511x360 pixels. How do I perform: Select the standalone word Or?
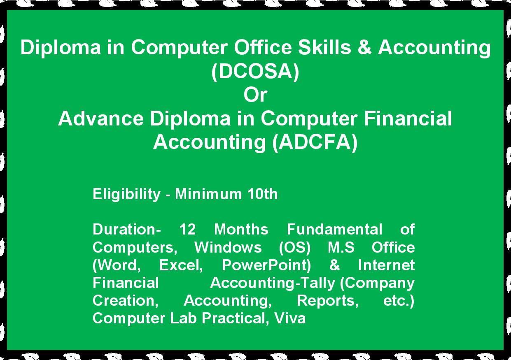tap(255, 95)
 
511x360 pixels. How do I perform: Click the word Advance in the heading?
tap(101, 118)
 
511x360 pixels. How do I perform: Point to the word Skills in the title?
tap(324, 47)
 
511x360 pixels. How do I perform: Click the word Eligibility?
tap(126, 195)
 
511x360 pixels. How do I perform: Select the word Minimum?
tap(208, 194)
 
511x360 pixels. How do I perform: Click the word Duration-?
tap(126, 229)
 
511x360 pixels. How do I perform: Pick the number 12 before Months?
tap(187, 229)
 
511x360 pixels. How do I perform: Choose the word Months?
tap(241, 229)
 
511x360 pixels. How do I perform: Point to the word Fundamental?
tap(334, 229)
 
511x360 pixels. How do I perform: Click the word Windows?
tap(228, 247)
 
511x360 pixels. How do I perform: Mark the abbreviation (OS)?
tap(295, 248)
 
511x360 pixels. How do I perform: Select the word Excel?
tap(181, 265)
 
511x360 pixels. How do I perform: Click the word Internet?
tap(386, 265)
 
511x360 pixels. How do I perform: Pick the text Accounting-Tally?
tap(273, 283)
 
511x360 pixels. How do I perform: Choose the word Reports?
tap(328, 301)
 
